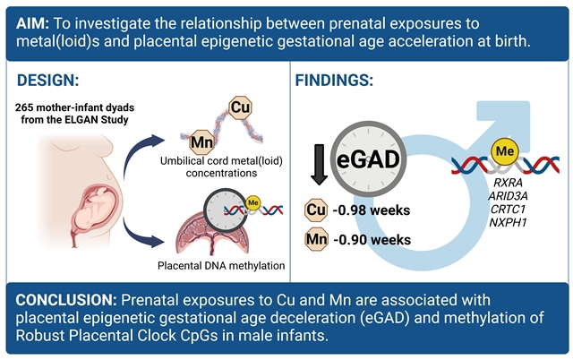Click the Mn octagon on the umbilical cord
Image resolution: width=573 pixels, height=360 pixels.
[x=201, y=141]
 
